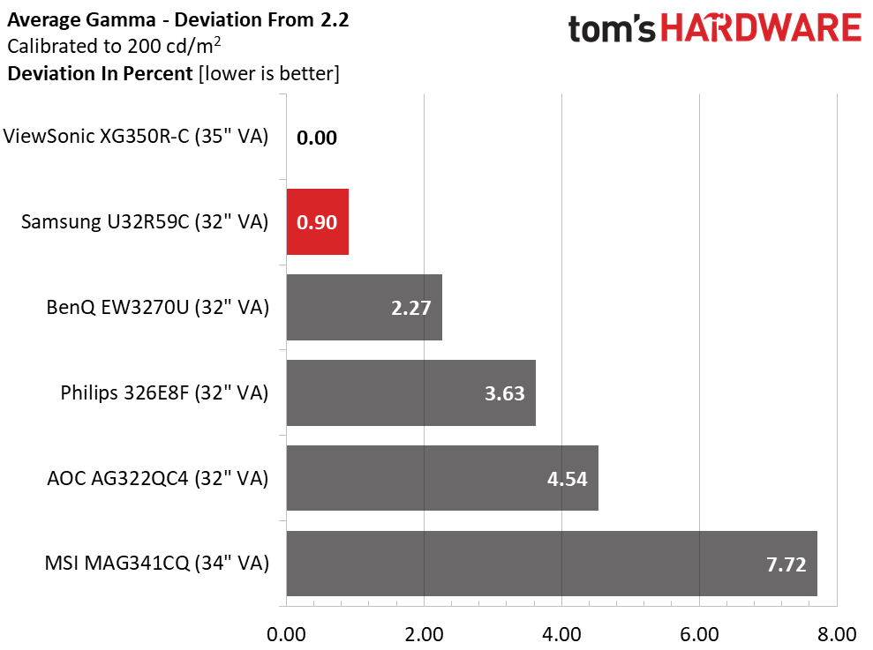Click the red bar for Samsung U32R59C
click(x=317, y=222)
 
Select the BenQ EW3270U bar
click(x=364, y=307)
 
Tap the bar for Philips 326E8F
click(x=410, y=392)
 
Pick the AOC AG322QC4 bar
click(x=442, y=478)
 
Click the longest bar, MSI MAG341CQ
click(x=552, y=564)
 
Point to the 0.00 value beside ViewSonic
click(x=317, y=138)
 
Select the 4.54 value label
click(x=568, y=479)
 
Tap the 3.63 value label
click(x=505, y=393)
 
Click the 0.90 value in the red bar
click(x=317, y=223)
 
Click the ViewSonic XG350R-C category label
click(x=136, y=137)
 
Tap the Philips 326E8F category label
click(x=164, y=392)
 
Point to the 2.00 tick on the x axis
click(x=425, y=632)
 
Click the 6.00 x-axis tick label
click(x=699, y=632)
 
